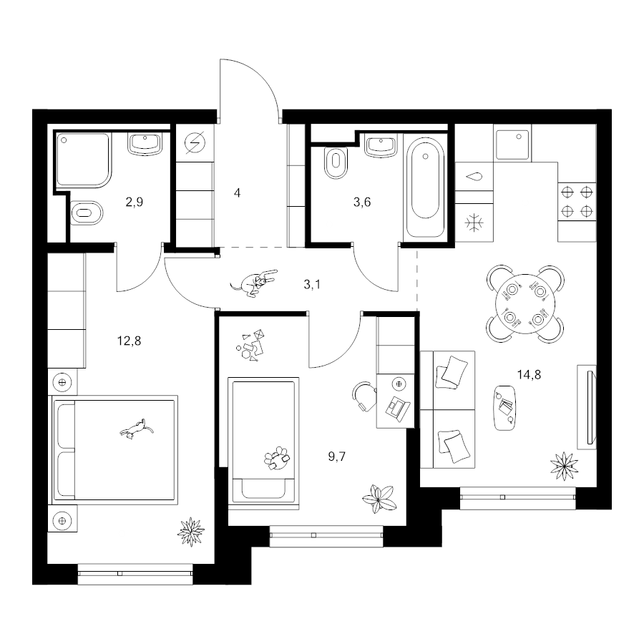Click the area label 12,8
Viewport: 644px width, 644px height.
coord(129,341)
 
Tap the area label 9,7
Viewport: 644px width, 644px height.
coord(337,457)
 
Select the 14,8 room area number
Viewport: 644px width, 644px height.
coord(529,374)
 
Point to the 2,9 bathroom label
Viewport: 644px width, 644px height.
coord(135,202)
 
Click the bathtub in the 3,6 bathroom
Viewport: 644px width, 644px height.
coord(425,187)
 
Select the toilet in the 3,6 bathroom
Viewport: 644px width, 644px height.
coord(336,162)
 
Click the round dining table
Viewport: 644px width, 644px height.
coord(525,304)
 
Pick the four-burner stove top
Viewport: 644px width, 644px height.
coord(577,201)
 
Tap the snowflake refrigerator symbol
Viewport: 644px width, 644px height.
coord(474,223)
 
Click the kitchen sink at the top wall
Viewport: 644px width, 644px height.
coord(512,145)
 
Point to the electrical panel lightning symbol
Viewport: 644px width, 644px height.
coord(195,143)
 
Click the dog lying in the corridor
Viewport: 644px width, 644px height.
coord(254,282)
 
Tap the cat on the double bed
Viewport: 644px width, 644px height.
coord(137,429)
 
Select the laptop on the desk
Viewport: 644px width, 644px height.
coord(397,408)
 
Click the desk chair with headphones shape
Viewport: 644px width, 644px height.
coord(364,396)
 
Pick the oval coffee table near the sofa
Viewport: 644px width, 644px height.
coord(504,408)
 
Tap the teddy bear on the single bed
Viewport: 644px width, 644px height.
coord(277,458)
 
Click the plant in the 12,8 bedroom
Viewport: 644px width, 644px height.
coord(190,532)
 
